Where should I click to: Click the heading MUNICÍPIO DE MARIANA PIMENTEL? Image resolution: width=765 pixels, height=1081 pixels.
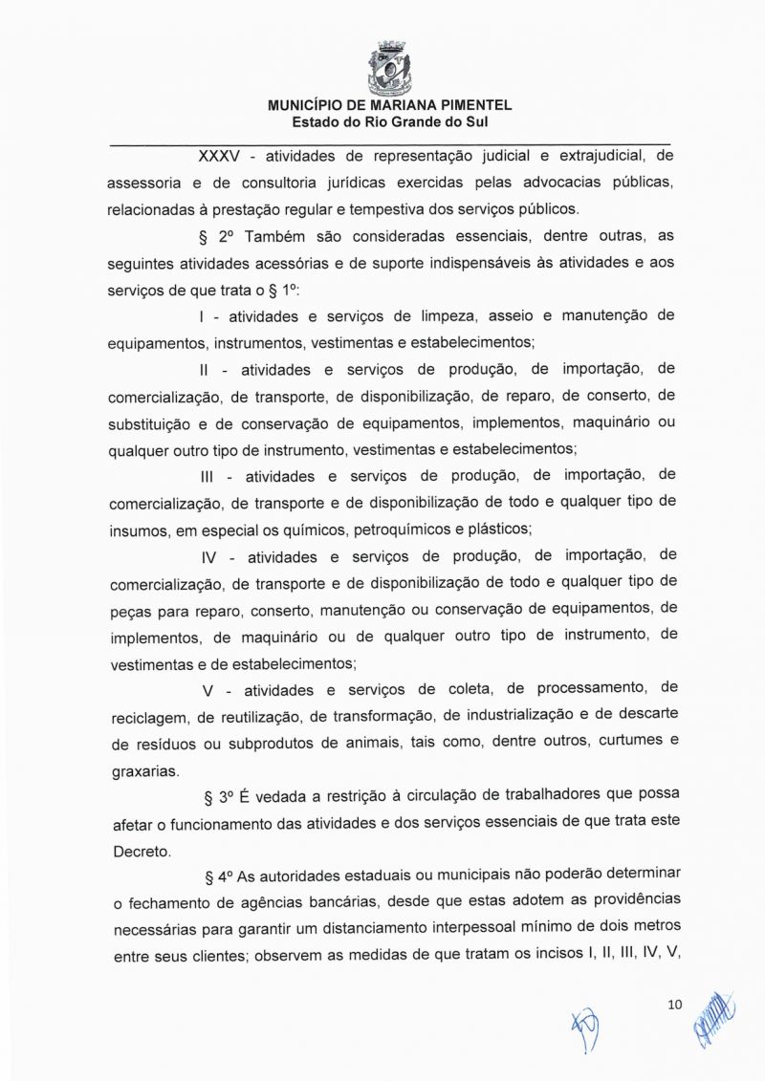point(389,106)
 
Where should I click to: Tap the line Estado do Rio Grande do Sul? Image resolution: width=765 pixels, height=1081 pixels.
point(389,122)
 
